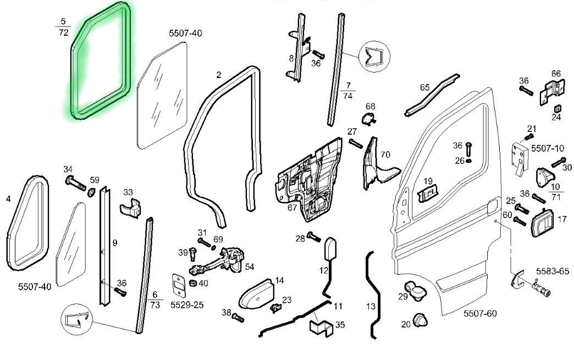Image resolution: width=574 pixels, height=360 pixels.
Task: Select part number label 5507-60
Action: coord(479,314)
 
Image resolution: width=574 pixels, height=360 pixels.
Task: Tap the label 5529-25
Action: coord(187,304)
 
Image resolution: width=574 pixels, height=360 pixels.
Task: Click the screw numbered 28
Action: coord(314,236)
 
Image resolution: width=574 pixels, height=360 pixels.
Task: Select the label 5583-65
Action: coord(552,271)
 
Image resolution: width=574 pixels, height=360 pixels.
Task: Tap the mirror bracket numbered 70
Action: coord(377,162)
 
